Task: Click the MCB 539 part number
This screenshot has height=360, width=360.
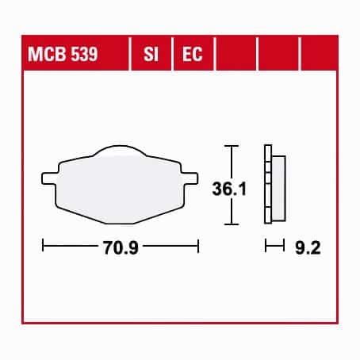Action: (x=63, y=54)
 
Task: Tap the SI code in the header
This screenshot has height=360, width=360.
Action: (x=151, y=54)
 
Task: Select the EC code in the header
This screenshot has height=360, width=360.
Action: (x=193, y=54)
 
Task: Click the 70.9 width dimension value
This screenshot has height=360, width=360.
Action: (x=121, y=247)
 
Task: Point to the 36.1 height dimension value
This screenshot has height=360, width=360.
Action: (x=229, y=189)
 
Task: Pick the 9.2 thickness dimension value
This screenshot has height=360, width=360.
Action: (x=308, y=247)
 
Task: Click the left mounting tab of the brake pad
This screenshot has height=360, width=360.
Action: (x=49, y=178)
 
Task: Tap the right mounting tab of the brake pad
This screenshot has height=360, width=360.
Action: (x=190, y=178)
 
